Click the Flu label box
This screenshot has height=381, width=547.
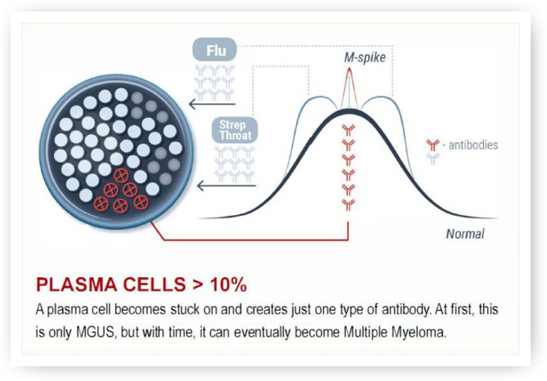tap(215, 50)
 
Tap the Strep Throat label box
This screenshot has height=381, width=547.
tap(235, 130)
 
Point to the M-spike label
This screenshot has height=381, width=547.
tap(365, 57)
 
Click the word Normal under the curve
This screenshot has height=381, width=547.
tap(465, 234)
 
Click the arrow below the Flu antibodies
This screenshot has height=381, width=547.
tap(212, 104)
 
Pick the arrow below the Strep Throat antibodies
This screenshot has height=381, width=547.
tap(226, 186)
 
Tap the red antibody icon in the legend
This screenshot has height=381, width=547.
tap(433, 145)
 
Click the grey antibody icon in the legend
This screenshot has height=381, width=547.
tap(433, 159)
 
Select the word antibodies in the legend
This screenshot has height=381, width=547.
tap(473, 145)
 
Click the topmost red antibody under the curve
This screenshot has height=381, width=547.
tap(348, 130)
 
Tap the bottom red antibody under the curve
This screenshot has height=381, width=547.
tap(348, 204)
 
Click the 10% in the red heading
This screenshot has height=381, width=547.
tap(228, 285)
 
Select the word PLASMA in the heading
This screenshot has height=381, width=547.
tap(76, 285)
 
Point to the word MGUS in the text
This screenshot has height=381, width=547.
tap(95, 332)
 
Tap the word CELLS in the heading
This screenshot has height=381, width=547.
tap(155, 285)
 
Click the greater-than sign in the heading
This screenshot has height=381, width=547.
tap(198, 285)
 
